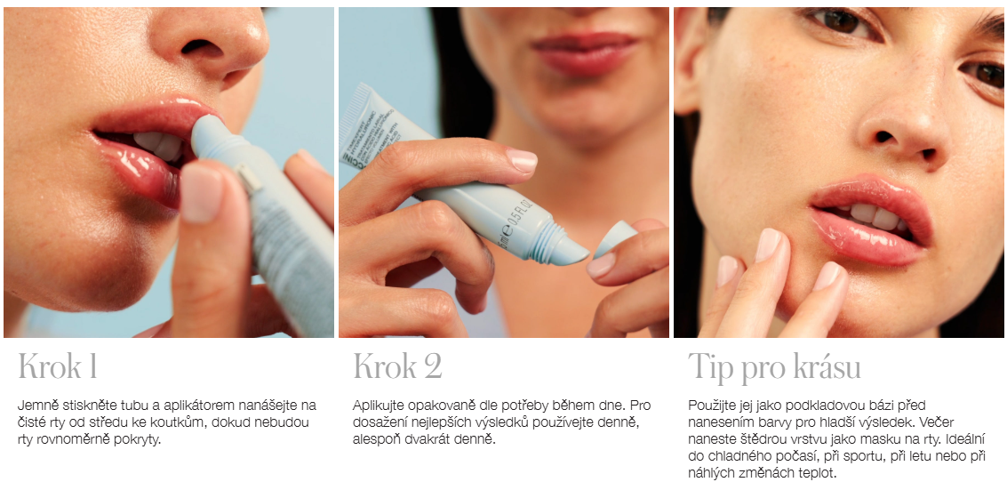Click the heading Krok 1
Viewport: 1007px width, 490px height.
coord(58,366)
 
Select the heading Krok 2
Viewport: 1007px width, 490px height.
coord(397,366)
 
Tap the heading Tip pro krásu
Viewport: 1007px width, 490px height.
coord(774,367)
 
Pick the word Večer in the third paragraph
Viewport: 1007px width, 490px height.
coord(963,423)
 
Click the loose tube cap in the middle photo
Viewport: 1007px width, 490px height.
coord(615,238)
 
